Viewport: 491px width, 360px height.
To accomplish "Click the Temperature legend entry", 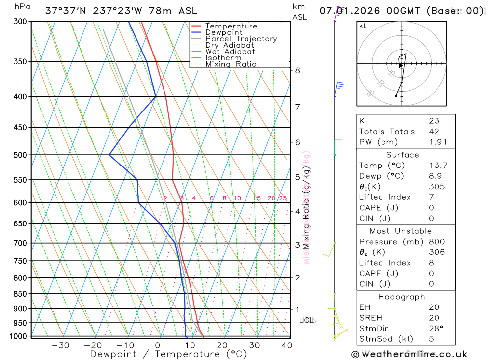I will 231,26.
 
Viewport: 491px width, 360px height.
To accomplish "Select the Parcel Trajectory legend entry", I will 241,39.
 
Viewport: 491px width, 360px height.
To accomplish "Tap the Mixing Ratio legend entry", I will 231,64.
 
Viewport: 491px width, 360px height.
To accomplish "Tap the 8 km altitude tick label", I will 297,70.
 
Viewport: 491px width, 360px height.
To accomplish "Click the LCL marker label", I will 306,320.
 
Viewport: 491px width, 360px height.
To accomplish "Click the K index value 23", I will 434,120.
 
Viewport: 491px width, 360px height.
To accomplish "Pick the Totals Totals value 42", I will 434,131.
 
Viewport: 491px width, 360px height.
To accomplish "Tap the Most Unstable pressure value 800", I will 436,241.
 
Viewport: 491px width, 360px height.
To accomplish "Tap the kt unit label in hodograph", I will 363,26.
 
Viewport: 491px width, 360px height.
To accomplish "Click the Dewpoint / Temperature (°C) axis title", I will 168,354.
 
